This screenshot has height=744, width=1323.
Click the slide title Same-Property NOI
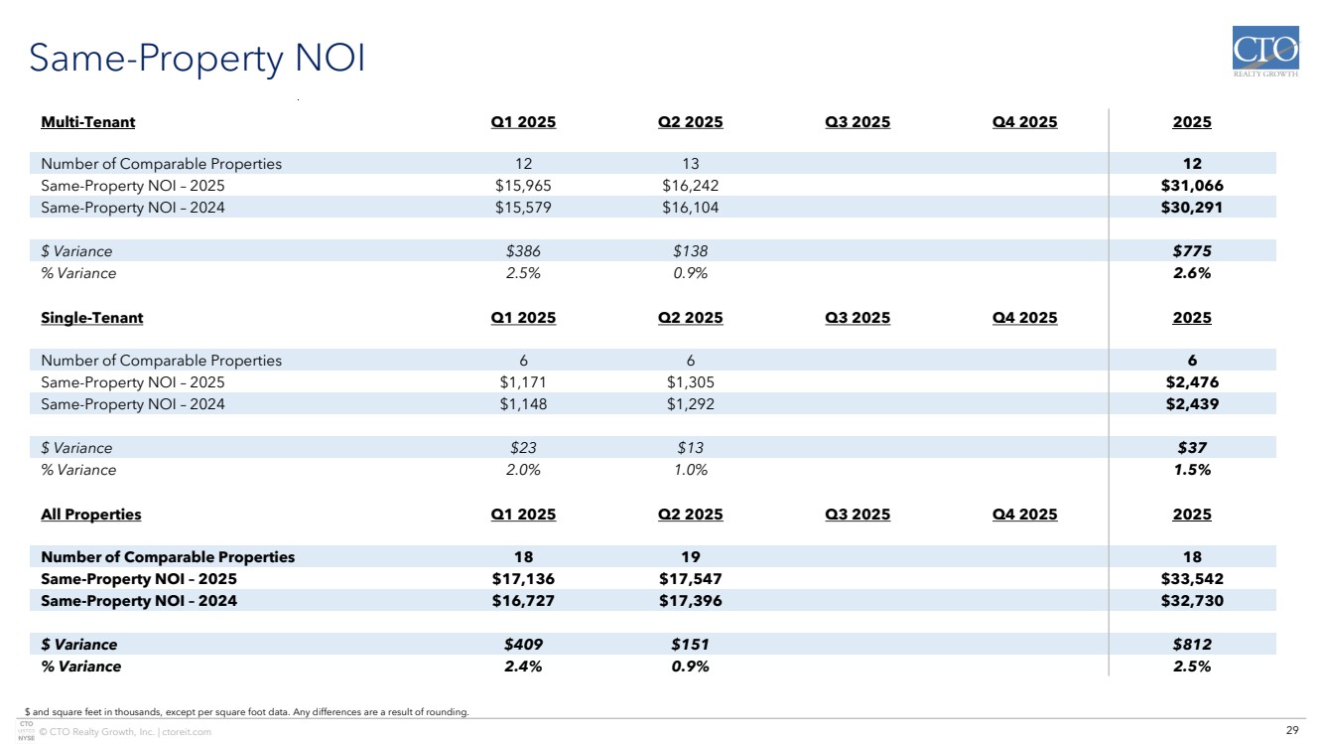click(198, 60)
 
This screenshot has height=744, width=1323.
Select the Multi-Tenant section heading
click(88, 122)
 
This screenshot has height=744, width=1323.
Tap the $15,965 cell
click(523, 186)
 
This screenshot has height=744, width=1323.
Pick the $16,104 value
click(690, 208)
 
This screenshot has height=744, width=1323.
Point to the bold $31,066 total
click(1192, 186)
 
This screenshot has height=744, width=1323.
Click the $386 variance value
click(523, 251)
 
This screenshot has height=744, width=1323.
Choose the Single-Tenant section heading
click(92, 318)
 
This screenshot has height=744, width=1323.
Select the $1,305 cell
click(690, 382)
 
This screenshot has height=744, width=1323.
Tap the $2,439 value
click(1192, 404)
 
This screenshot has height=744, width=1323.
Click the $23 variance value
click(523, 448)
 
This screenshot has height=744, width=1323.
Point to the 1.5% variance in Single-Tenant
click(1192, 470)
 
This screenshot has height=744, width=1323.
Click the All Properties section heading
click(91, 515)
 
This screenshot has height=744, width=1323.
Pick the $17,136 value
click(523, 579)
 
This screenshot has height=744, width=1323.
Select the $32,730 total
click(1192, 601)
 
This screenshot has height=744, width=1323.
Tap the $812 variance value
click(1192, 645)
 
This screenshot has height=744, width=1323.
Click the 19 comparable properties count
click(690, 557)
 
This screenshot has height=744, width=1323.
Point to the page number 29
click(1292, 731)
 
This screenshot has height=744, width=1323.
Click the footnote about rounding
click(246, 711)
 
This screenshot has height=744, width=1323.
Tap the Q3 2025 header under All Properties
click(858, 515)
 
